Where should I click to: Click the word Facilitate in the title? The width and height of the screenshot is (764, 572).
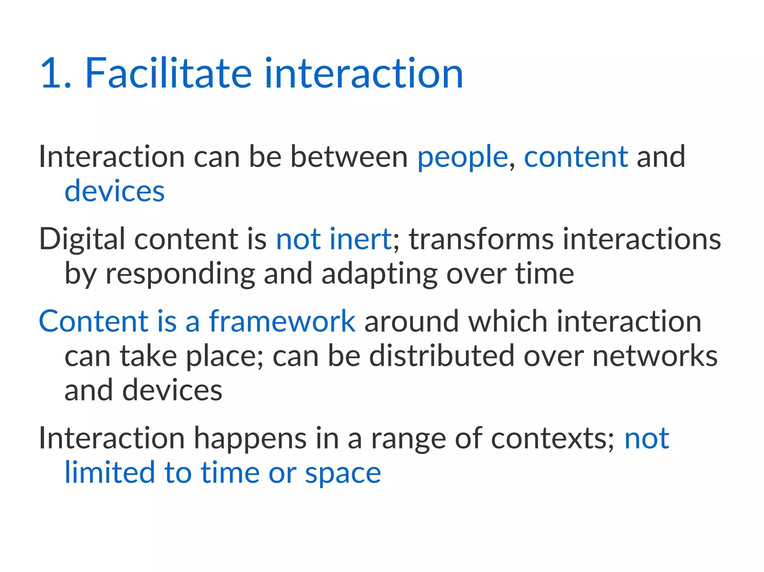169,73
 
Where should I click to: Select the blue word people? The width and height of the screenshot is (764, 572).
462,157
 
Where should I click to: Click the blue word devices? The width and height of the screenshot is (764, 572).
115,191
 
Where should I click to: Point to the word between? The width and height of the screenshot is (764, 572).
349,157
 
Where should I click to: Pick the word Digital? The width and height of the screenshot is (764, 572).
82,239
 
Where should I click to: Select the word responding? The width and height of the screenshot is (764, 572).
180,274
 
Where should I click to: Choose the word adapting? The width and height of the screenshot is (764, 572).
379,274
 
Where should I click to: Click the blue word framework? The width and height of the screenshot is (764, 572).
282,321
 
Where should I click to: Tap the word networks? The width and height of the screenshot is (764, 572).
655,356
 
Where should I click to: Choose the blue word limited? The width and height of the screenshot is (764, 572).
110,473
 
